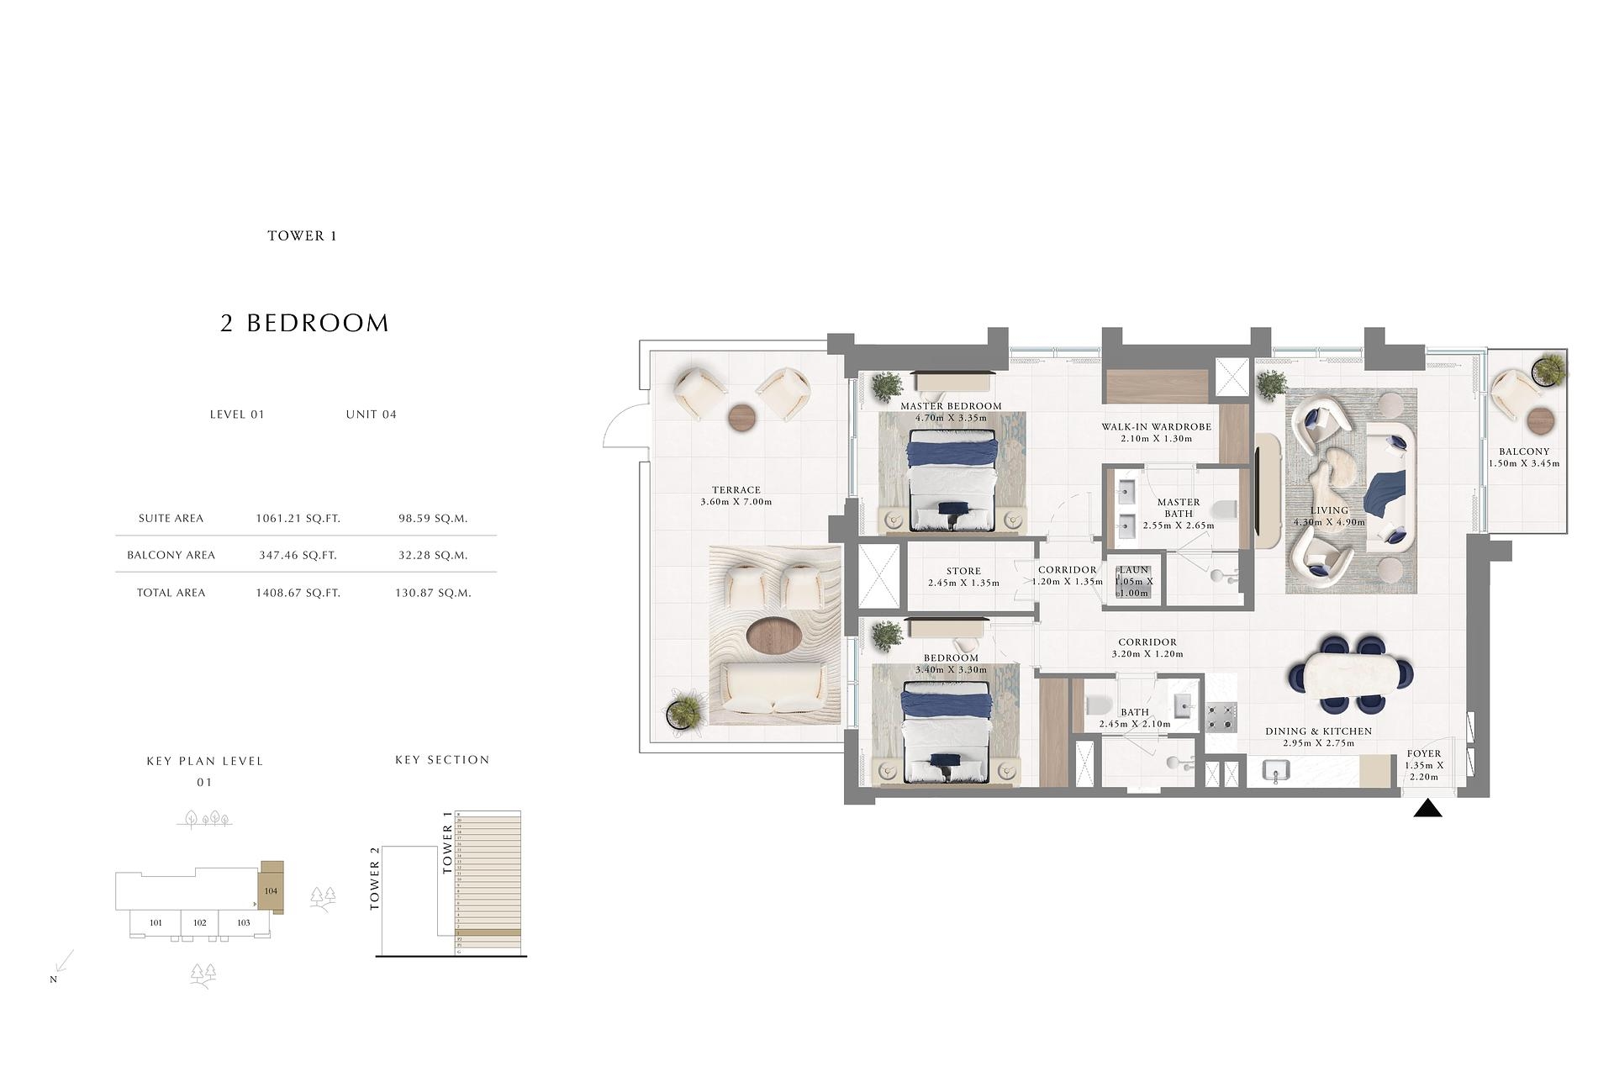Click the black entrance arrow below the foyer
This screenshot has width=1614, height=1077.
coord(1427,809)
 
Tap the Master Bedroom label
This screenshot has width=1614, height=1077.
coord(951,406)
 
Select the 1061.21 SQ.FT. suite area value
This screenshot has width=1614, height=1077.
coord(298,519)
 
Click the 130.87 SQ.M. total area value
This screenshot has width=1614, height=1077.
coord(433,593)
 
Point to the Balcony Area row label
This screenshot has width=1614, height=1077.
coord(171,555)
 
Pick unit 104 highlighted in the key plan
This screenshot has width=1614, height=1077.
coord(271,890)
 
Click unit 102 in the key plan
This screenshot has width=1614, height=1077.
coord(199,922)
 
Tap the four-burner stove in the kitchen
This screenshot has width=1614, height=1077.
coord(1221,717)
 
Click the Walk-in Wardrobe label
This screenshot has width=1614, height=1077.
coord(1156,427)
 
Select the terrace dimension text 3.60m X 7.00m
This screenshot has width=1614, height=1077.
coord(736,502)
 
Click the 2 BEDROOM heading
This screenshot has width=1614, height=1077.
coord(304,323)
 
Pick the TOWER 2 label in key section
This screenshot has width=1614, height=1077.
coord(375,878)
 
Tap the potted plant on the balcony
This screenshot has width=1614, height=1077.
coord(1548,369)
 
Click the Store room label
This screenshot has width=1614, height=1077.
coord(963,571)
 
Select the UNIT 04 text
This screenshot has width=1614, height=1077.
coord(371,414)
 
